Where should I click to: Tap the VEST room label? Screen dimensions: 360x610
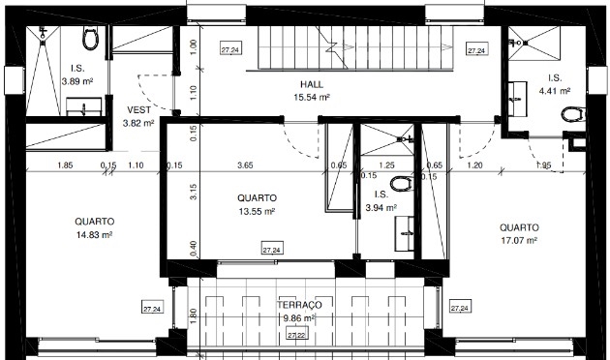tap(138, 109)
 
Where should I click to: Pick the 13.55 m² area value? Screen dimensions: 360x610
tap(257, 211)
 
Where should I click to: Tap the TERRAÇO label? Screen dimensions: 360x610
tap(299, 304)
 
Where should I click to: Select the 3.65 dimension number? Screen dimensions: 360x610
tap(246, 165)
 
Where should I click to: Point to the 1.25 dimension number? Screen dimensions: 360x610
tap(387, 165)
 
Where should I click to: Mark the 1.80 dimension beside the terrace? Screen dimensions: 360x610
tap(194, 315)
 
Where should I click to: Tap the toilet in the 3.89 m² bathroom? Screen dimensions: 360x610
tap(92, 39)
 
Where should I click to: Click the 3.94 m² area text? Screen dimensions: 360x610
tap(381, 207)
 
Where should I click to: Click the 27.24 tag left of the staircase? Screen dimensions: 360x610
tap(230, 47)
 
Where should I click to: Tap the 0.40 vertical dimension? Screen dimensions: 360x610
tap(194, 246)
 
